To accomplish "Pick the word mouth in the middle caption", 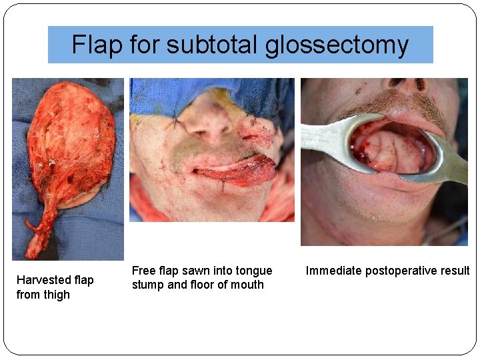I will (x=247, y=285).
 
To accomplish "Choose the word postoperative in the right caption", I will (x=398, y=271).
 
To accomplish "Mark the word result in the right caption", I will (x=455, y=271).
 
